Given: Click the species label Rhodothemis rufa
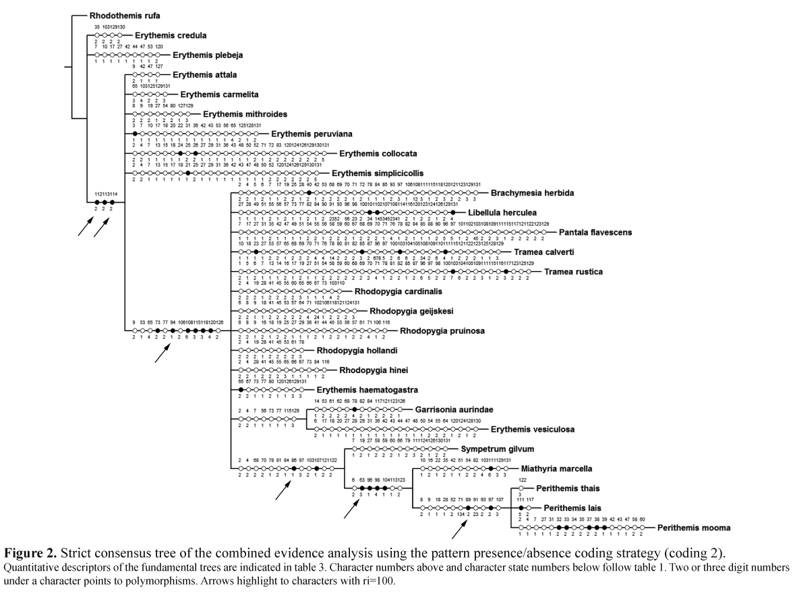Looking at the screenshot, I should [x=125, y=14].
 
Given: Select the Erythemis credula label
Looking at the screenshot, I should [x=171, y=35].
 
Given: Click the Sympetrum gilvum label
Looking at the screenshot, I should [x=498, y=449].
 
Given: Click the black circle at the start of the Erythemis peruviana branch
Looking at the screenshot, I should [x=136, y=134].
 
